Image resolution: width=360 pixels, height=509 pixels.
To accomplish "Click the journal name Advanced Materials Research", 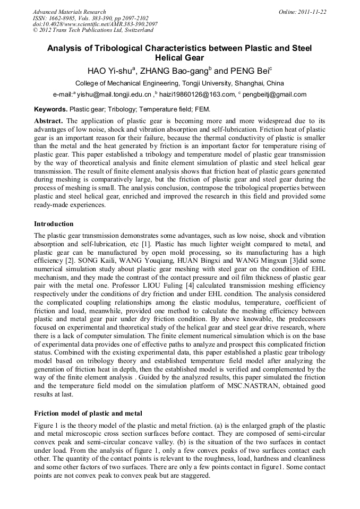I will pyautogui.click(x=69, y=12).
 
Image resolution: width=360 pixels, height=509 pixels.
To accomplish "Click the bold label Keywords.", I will pyautogui.click(x=51, y=109).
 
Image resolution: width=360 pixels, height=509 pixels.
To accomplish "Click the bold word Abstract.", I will pyautogui.click(x=48, y=121).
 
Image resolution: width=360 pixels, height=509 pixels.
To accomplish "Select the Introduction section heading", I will pyautogui.click(x=54, y=224).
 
